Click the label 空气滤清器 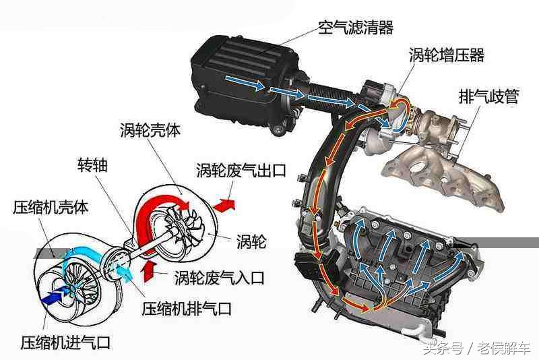[x=355, y=28]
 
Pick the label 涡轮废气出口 [x=241, y=170]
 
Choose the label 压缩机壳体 [x=51, y=207]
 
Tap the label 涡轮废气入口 [x=220, y=276]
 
